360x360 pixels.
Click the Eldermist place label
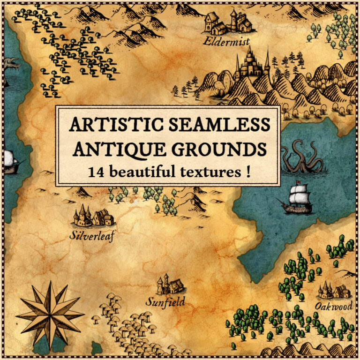coord(227,41)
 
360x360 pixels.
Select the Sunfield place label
coord(165,301)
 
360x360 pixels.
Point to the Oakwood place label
coord(333,307)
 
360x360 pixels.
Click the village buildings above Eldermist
coord(227,22)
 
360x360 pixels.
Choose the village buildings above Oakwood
coord(335,290)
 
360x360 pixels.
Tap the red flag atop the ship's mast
coord(298,182)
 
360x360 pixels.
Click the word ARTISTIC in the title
coord(111,125)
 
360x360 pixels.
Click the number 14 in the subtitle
coord(97,172)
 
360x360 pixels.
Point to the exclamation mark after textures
coord(247,172)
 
